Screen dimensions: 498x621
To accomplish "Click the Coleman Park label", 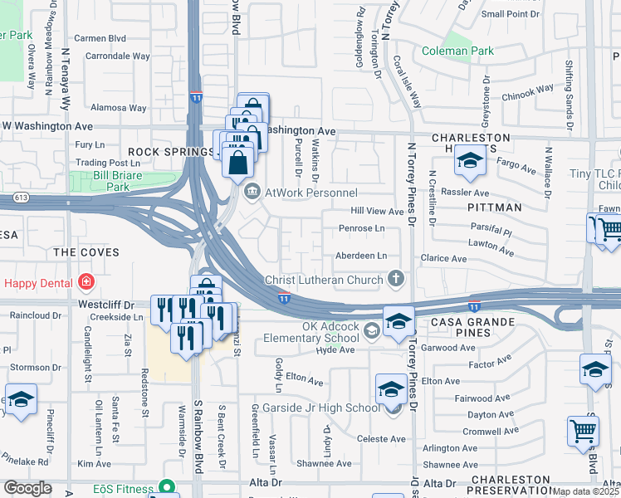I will (457, 51).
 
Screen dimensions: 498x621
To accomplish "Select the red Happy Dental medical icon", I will (85, 283).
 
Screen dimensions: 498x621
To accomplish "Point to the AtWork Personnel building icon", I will (251, 193).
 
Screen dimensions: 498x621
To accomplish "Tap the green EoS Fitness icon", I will (169, 487).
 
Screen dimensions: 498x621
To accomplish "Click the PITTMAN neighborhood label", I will (494, 207).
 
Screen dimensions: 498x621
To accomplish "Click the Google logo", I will (27, 488).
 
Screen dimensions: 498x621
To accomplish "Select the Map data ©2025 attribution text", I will (585, 491).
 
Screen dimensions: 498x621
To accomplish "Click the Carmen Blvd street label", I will (100, 38).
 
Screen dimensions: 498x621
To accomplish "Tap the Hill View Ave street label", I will (376, 212).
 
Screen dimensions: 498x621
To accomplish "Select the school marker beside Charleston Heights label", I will (469, 163).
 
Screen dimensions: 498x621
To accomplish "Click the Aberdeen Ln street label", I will (361, 256).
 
